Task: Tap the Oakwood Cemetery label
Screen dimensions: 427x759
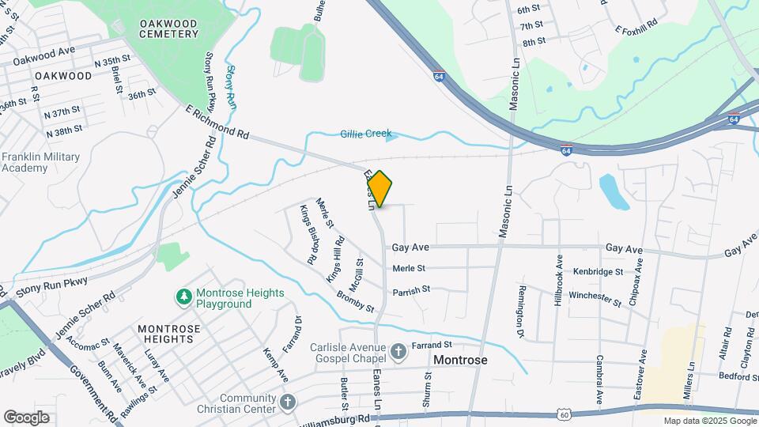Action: (168, 28)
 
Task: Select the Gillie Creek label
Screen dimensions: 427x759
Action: (366, 134)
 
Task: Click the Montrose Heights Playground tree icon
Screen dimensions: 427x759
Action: (183, 297)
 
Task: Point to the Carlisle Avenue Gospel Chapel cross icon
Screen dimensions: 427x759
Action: (399, 349)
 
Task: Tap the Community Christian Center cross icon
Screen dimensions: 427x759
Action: (287, 401)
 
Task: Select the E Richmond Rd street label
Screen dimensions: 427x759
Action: (217, 123)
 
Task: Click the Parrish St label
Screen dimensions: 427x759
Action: (411, 290)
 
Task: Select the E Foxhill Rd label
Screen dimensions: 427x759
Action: (636, 31)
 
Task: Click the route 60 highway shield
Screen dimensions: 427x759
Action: (563, 414)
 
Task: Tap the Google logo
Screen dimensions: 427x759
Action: (26, 417)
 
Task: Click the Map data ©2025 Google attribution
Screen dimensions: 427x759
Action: (709, 421)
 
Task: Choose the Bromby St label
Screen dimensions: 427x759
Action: (355, 300)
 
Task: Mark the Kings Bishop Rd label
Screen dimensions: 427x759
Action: (307, 234)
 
